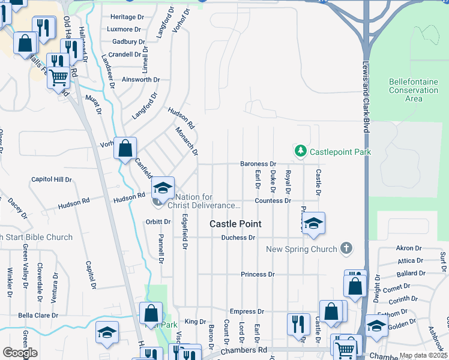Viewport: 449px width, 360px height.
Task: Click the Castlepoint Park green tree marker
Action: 301,152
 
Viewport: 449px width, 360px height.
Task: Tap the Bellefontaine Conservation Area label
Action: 414,90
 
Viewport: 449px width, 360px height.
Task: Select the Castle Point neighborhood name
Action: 235,224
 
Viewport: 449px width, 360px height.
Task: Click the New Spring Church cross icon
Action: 346,248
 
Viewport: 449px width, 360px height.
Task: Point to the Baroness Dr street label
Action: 258,164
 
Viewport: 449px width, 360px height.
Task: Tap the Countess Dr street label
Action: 273,201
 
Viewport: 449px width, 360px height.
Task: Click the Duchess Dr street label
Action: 238,238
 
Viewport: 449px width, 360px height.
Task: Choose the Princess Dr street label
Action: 258,274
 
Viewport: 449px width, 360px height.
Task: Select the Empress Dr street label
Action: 247,311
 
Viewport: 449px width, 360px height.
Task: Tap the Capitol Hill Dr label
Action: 51,179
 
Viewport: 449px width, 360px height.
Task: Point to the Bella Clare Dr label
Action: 38,315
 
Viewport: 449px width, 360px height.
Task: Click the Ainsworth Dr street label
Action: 140,79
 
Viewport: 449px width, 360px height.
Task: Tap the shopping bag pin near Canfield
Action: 125,148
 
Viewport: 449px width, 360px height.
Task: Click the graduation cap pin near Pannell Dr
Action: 163,188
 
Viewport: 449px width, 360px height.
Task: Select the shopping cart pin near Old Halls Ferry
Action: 58,77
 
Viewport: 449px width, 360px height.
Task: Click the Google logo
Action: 20,353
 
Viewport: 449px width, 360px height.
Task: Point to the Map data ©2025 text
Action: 423,355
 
